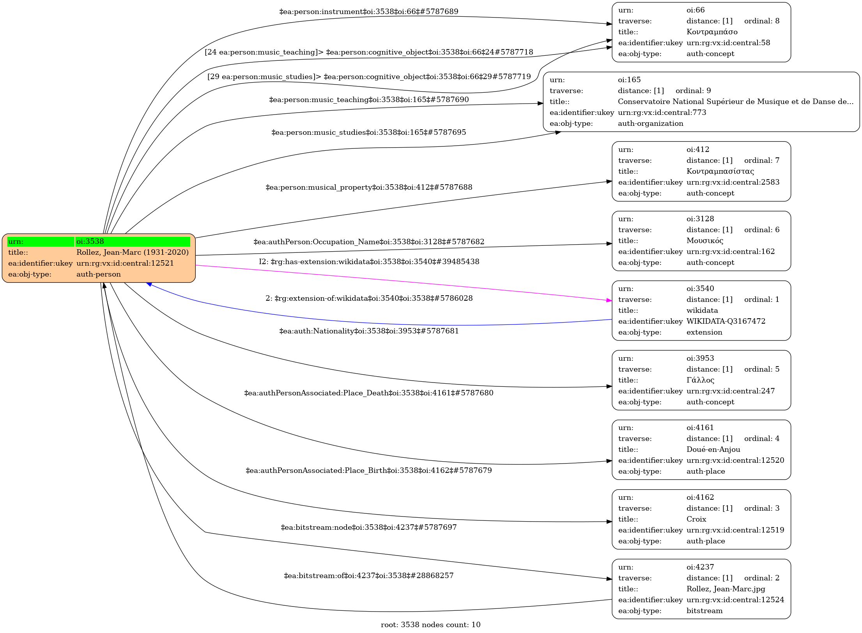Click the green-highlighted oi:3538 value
(133, 242)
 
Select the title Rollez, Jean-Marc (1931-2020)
(132, 252)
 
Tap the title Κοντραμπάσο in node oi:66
(712, 32)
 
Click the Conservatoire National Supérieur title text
(735, 102)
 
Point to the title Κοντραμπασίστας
(720, 171)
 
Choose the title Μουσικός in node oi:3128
(704, 241)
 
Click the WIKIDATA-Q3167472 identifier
(726, 321)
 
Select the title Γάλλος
(700, 380)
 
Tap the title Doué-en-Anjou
(713, 450)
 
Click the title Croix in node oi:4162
(696, 519)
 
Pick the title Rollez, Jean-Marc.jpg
(726, 589)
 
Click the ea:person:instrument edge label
(368, 12)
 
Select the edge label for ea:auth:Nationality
(369, 331)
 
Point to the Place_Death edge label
(368, 393)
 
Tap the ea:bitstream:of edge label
(368, 576)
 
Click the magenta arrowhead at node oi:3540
(609, 300)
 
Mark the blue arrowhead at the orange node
(149, 284)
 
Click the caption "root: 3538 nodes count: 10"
(430, 625)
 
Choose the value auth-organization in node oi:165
(650, 123)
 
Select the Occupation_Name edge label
(368, 242)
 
